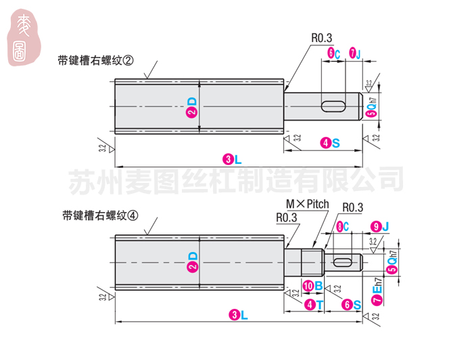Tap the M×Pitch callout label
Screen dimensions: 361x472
pos(307,204)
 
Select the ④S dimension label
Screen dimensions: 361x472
pos(330,143)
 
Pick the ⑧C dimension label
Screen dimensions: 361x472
pos(342,226)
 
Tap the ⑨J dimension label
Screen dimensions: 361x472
pos(381,226)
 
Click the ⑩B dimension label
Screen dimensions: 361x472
pos(312,285)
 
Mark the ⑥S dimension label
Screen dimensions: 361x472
pos(351,305)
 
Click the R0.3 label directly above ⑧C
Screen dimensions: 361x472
pos(353,207)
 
